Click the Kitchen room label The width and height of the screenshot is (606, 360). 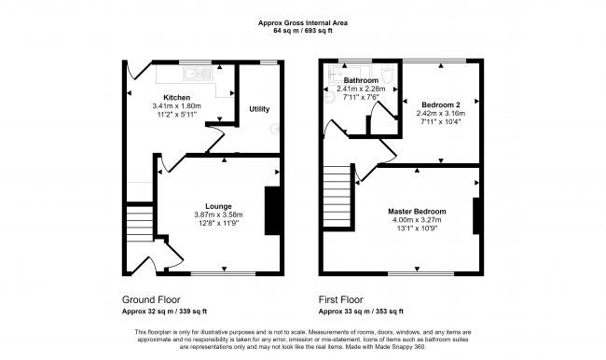(x=177, y=97)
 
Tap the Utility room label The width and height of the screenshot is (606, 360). (x=259, y=109)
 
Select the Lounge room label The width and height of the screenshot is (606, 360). (x=219, y=205)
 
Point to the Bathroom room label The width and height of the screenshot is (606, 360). (x=359, y=80)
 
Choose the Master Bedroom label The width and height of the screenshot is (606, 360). (x=417, y=212)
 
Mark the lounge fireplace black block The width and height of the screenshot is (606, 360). (x=272, y=211)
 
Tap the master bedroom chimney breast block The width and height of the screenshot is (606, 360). (x=477, y=215)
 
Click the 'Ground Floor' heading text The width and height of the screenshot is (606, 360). (x=152, y=299)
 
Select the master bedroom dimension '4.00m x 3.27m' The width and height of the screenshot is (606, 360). (x=417, y=221)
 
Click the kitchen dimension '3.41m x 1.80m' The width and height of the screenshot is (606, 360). (x=177, y=105)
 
